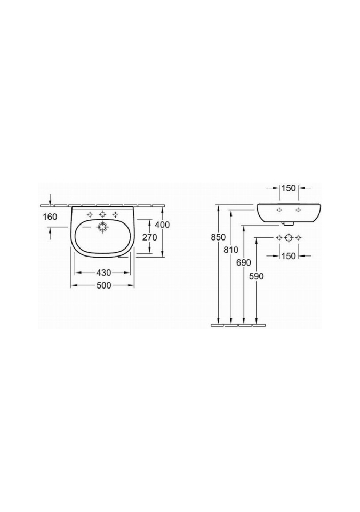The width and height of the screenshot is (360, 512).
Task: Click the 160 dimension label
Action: tap(50, 217)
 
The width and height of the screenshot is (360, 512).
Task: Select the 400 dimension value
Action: tap(162, 225)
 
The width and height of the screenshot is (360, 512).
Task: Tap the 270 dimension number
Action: tap(150, 237)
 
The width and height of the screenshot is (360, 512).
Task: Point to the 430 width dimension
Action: tap(103, 272)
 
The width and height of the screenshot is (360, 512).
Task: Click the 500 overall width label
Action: tap(103, 285)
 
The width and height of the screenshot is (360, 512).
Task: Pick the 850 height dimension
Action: tap(219, 237)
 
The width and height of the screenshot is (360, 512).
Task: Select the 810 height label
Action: tap(231, 250)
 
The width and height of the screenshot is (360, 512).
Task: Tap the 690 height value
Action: tap(244, 263)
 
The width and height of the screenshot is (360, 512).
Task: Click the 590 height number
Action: tap(256, 276)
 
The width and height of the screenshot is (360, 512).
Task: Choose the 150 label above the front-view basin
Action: tap(289, 188)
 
